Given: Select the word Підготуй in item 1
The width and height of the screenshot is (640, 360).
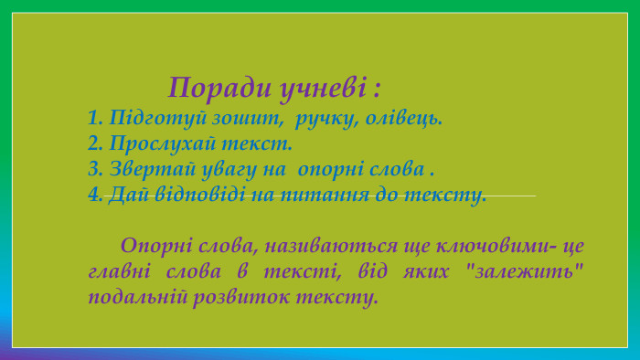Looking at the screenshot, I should pos(149,119).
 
